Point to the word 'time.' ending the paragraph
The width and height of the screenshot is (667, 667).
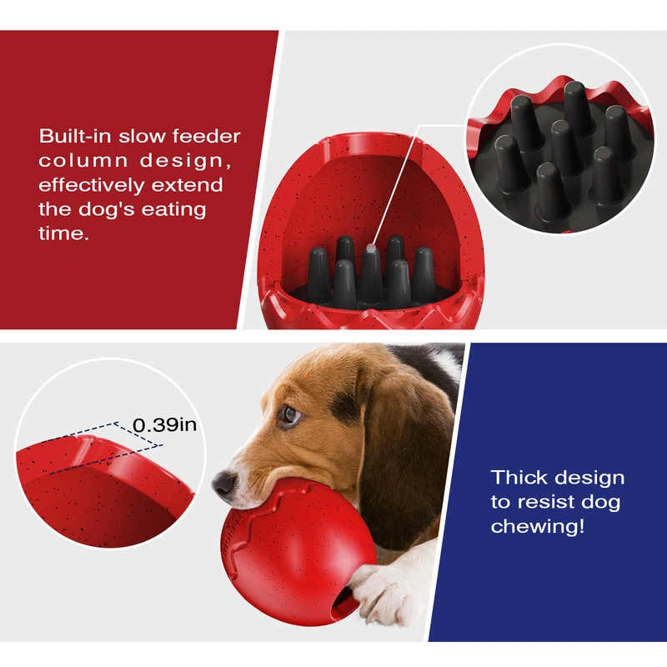63,234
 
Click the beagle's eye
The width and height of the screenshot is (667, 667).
289,414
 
